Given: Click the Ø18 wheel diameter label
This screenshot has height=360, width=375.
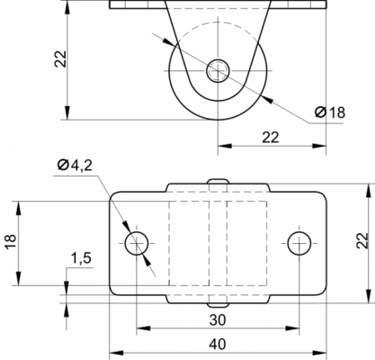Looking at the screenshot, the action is pyautogui.click(x=330, y=112).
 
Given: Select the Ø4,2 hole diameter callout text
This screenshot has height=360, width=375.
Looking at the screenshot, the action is pyautogui.click(x=75, y=165).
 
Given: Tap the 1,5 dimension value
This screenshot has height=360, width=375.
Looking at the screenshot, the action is pyautogui.click(x=81, y=258).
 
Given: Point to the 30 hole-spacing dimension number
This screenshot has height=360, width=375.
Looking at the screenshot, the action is pyautogui.click(x=218, y=320).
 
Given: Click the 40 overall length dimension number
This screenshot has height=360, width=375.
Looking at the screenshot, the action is pyautogui.click(x=218, y=344).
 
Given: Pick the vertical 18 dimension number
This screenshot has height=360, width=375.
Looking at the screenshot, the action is pyautogui.click(x=10, y=241).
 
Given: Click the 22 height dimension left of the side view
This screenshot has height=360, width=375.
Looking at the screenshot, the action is pyautogui.click(x=60, y=58).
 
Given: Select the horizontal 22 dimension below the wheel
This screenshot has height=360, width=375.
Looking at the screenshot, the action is pyautogui.click(x=271, y=138).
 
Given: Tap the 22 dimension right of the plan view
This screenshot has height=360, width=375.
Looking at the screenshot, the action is pyautogui.click(x=362, y=240).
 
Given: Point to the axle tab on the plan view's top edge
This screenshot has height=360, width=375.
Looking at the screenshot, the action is pyautogui.click(x=218, y=182).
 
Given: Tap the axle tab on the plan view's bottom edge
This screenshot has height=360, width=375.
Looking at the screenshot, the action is pyautogui.click(x=218, y=305).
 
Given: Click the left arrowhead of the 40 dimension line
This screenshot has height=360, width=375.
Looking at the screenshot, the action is pyautogui.click(x=116, y=353).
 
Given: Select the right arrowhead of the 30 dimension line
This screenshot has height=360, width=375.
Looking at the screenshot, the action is pyautogui.click(x=292, y=328).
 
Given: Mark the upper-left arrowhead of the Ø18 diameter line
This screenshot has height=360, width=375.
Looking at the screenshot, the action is pyautogui.click(x=169, y=42).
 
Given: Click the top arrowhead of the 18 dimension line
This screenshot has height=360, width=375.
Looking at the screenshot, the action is pyautogui.click(x=19, y=208).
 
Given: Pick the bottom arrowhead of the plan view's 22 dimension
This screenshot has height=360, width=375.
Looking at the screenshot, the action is pyautogui.click(x=368, y=296).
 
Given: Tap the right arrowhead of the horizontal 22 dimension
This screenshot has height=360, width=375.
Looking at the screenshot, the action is pyautogui.click(x=319, y=146).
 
